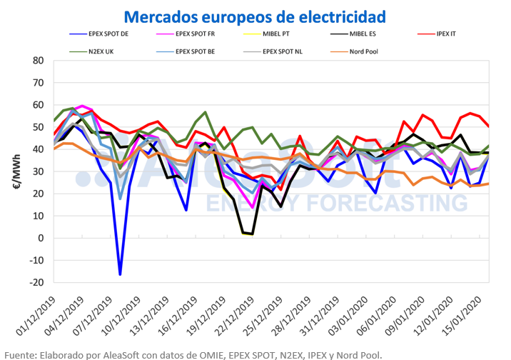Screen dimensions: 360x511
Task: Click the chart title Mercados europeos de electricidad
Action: pyautogui.click(x=255, y=16)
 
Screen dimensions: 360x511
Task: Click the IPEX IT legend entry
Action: pyautogui.click(x=465, y=34)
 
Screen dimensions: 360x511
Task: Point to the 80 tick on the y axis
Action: pyautogui.click(x=38, y=61)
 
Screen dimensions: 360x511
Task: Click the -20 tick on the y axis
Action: pyautogui.click(x=36, y=282)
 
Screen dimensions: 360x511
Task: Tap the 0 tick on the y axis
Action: pyautogui.click(x=41, y=238)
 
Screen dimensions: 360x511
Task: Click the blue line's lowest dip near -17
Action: pyautogui.click(x=120, y=274)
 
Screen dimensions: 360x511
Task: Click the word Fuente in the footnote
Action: pyautogui.click(x=21, y=354)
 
